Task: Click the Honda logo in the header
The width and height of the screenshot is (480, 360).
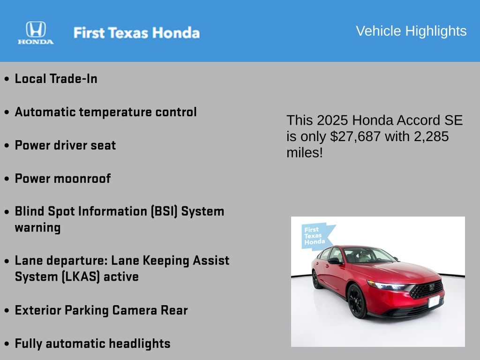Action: (36, 33)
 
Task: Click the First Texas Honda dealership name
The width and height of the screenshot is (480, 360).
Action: (136, 33)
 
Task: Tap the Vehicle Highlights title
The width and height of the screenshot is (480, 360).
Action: (411, 31)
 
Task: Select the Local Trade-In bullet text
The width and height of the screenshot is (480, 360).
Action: (56, 79)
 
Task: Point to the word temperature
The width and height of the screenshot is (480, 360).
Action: (115, 112)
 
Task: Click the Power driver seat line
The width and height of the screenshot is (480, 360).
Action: (65, 145)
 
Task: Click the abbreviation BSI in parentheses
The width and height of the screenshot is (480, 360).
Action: (164, 211)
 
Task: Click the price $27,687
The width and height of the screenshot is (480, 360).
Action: (355, 136)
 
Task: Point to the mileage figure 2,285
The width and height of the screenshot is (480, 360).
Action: (431, 136)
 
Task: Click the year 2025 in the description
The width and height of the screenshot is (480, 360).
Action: (332, 120)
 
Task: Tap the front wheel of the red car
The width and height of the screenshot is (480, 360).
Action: (357, 300)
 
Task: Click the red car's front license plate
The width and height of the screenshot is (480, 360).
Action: (434, 301)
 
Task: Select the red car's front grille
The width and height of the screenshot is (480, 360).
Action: (427, 289)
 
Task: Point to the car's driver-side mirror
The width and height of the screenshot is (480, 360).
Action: (335, 261)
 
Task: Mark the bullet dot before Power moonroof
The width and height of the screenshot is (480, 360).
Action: (7, 179)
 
